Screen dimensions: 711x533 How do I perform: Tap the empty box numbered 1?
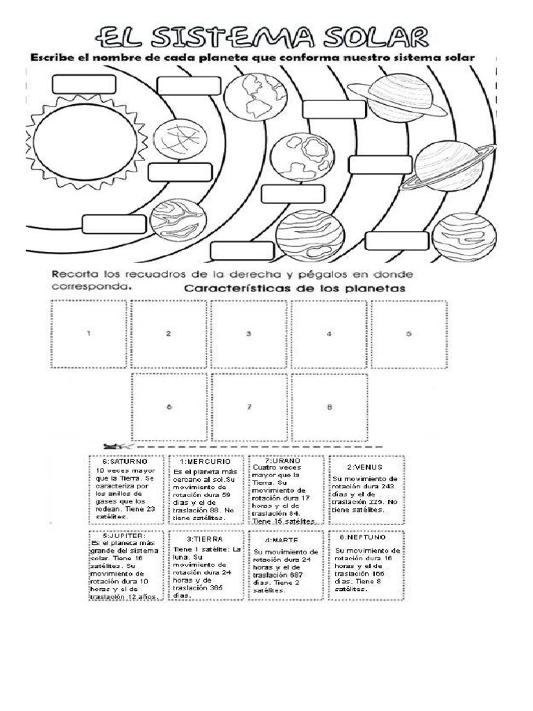pos(88,333)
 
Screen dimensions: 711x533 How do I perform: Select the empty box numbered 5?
pos(409,333)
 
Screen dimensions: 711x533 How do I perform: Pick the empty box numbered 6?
pos(169,407)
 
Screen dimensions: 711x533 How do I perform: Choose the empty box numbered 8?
pos(329,407)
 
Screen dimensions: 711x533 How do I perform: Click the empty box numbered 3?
pos(248,333)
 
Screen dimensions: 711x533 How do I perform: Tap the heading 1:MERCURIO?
pos(205,462)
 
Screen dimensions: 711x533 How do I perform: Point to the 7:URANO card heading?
pos(282,460)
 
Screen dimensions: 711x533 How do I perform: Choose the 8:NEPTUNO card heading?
pos(363,537)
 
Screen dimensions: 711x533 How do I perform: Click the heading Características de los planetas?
pos(295,287)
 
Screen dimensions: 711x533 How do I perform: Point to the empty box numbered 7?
pos(248,407)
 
